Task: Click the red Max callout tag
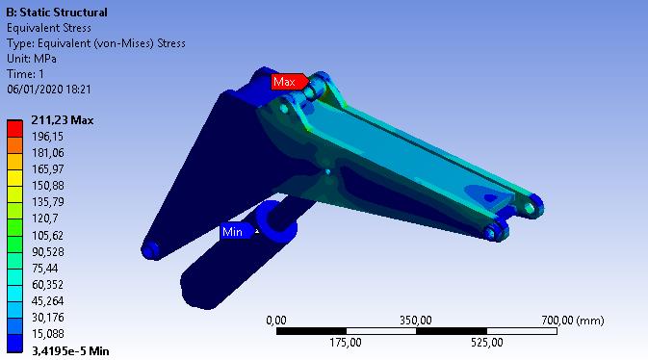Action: (289, 82)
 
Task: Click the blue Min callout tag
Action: (237, 231)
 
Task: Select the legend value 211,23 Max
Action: (63, 120)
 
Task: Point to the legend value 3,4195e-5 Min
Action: (70, 351)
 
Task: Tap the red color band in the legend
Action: (14, 129)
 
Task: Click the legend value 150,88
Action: (48, 186)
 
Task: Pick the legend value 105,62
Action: (48, 235)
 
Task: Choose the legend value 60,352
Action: (48, 285)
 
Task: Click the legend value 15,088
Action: (48, 334)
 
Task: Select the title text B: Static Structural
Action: (57, 13)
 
